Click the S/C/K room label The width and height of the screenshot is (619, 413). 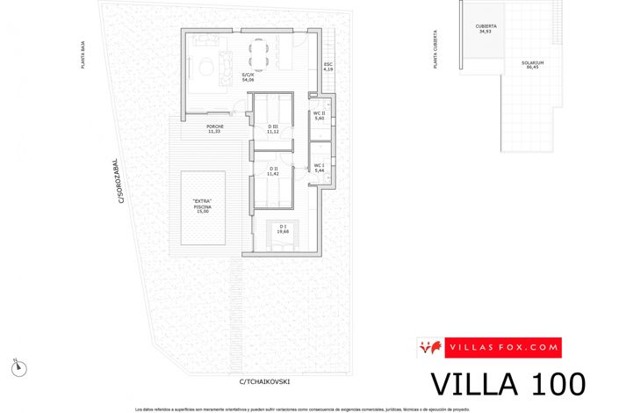[248, 76]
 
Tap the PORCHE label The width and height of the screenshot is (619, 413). [215, 128]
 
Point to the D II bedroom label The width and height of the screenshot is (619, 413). [273, 170]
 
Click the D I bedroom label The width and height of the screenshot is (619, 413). [283, 229]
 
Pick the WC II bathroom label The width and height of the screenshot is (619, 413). [320, 115]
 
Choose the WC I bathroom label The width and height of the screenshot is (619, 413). [319, 167]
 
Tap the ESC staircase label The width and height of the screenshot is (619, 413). [327, 66]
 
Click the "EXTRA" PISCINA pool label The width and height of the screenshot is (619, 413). [203, 206]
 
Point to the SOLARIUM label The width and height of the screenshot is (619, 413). [532, 64]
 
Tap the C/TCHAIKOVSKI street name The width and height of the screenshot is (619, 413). [263, 381]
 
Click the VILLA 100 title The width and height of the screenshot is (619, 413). [508, 385]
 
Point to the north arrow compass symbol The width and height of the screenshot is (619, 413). [17, 364]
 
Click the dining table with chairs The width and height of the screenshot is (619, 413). [260, 55]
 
